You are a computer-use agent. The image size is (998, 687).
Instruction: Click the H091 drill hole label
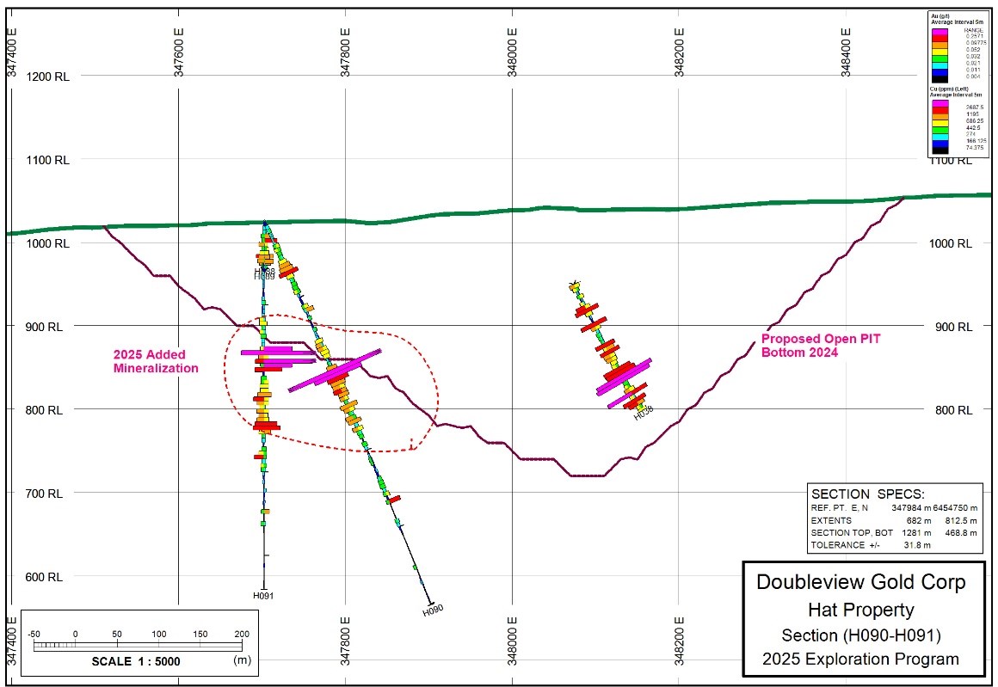pos(263,595)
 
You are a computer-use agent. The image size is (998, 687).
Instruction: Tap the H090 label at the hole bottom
pos(433,610)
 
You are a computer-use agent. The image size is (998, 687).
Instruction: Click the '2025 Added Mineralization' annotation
pos(156,361)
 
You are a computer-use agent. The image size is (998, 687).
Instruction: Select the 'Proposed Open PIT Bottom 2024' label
pos(822,346)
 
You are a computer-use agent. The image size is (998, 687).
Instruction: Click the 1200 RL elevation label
pos(48,76)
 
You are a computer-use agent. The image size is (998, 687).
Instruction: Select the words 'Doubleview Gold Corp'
pos(860,582)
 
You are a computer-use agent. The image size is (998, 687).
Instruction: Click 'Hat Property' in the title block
pos(860,610)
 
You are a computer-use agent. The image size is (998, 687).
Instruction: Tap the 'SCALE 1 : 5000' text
pos(136,661)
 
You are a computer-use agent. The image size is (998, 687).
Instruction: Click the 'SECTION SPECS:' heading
pos(866,494)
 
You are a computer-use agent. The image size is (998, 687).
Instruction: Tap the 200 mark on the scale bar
pos(242,634)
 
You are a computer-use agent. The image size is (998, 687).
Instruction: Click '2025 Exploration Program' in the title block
pos(860,659)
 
